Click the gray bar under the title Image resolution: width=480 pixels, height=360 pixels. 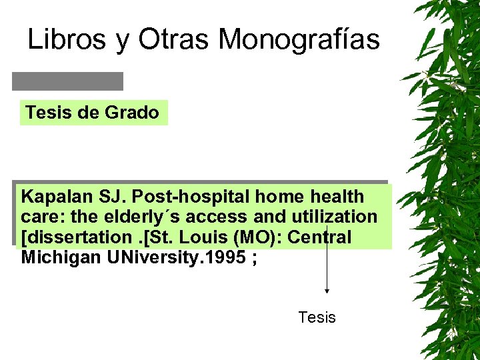pos(67,81)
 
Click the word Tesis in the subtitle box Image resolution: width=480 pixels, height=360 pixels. pos(49,113)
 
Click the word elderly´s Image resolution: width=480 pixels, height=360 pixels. pos(142,217)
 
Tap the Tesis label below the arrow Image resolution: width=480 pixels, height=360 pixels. pos(317,317)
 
